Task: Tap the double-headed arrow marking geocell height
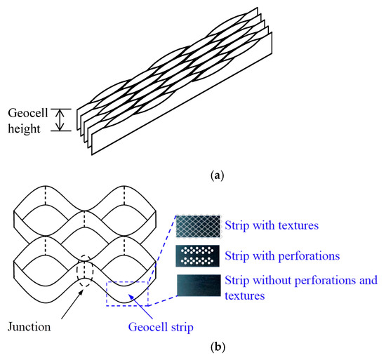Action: tap(61, 119)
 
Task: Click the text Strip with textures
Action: tap(272, 226)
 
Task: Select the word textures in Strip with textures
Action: tap(298, 226)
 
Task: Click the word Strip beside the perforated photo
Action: tap(238, 255)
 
